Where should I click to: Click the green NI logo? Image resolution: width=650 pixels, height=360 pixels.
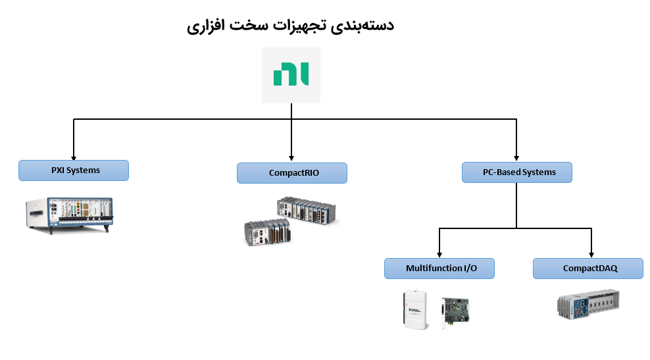pyautogui.click(x=291, y=74)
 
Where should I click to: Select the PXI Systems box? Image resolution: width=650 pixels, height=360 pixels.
pyautogui.click(x=73, y=170)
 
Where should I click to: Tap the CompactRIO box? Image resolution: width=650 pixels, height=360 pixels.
pyautogui.click(x=291, y=173)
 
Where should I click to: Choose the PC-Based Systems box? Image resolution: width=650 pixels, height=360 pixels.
pyautogui.click(x=516, y=172)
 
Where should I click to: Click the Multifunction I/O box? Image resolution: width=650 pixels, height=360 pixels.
pyautogui.click(x=439, y=269)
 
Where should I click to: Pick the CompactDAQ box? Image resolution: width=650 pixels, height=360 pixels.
pyautogui.click(x=587, y=269)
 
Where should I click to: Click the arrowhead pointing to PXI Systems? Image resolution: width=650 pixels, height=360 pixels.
pyautogui.click(x=73, y=155)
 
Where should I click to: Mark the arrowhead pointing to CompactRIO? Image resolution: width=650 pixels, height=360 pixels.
pyautogui.click(x=291, y=158)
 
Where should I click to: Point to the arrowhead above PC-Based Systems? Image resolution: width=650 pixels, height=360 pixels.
pyautogui.click(x=516, y=158)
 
